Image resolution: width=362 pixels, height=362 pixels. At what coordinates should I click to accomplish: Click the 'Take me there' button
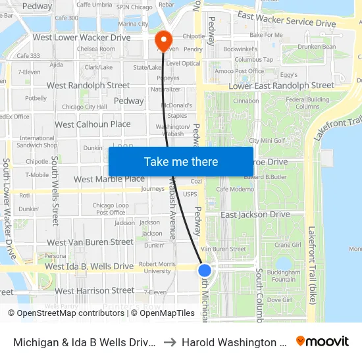click(x=181, y=162)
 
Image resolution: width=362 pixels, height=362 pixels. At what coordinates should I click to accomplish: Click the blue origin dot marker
click(x=205, y=270)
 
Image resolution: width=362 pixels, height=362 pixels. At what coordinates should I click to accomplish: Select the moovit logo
click(x=323, y=342)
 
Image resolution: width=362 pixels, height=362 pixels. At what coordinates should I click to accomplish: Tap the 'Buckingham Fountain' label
click(x=284, y=274)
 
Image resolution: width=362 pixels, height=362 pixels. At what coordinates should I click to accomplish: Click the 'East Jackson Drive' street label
click(x=255, y=215)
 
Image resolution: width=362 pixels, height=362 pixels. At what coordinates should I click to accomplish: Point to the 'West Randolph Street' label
click(x=88, y=86)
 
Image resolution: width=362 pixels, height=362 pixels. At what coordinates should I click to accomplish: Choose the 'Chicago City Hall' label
click(x=84, y=107)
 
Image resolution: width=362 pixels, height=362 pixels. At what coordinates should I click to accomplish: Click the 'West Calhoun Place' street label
click(x=92, y=124)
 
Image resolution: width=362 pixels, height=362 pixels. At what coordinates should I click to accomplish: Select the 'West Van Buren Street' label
click(x=90, y=242)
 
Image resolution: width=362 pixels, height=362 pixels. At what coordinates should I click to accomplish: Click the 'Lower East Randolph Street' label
click(x=281, y=86)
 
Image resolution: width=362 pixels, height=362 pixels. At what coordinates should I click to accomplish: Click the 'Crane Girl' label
click(x=288, y=245)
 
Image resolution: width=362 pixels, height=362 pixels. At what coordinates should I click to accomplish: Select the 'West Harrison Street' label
click(x=94, y=290)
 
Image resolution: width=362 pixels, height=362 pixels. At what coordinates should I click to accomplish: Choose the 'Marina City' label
click(x=132, y=24)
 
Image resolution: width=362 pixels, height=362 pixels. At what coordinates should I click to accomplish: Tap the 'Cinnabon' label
click(x=246, y=101)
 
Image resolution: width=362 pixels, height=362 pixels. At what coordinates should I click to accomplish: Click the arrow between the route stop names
click(x=168, y=342)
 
